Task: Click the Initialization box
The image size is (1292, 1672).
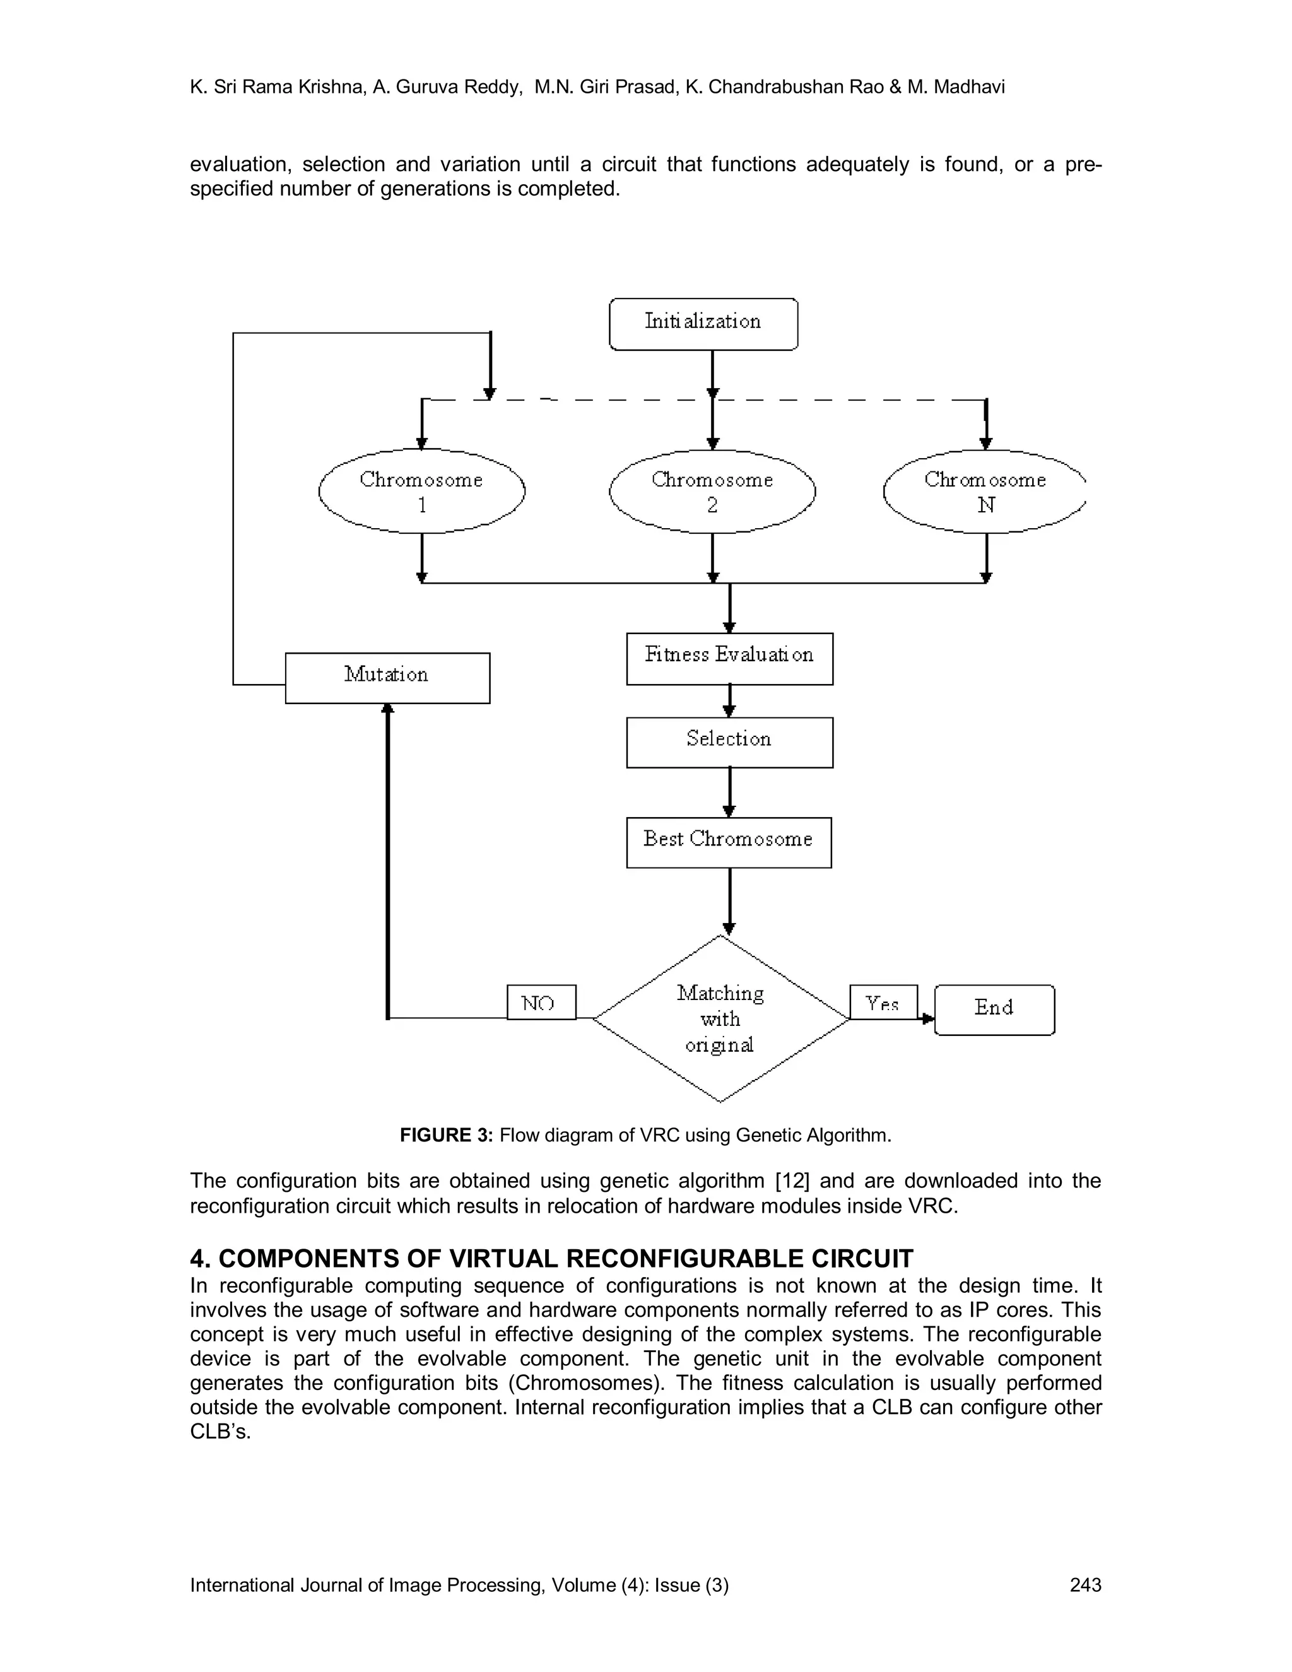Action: (x=703, y=324)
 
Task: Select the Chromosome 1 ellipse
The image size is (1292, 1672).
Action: (x=422, y=492)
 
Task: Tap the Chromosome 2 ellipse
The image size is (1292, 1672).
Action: (x=712, y=492)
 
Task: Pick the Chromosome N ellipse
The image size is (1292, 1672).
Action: (x=984, y=492)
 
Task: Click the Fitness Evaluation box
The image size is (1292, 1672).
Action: (x=729, y=658)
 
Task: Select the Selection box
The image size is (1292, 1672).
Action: (x=729, y=742)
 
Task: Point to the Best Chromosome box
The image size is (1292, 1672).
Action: (x=728, y=842)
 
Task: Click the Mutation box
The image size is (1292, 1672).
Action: (x=387, y=678)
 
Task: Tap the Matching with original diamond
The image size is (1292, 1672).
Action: (x=720, y=1018)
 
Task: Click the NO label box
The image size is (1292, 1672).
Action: (x=541, y=1002)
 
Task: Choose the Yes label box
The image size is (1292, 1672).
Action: (x=883, y=1002)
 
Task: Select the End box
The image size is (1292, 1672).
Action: (x=994, y=1010)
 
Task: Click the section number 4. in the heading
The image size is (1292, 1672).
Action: (x=200, y=1259)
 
